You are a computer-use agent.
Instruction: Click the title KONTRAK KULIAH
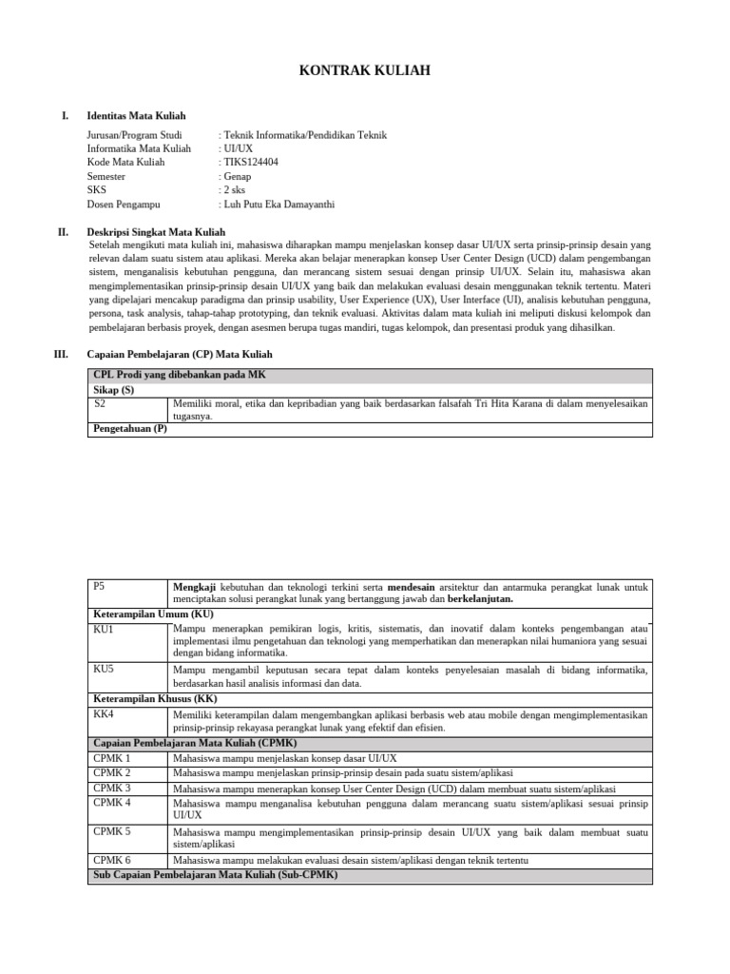pyautogui.click(x=365, y=70)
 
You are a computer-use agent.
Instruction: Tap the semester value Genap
pyautogui.click(x=237, y=176)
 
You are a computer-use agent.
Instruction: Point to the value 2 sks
pyautogui.click(x=235, y=190)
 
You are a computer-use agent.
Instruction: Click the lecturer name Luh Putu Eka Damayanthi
pyautogui.click(x=277, y=204)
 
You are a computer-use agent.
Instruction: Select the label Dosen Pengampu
pyautogui.click(x=124, y=204)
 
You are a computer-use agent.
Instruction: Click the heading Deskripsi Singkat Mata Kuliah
pyautogui.click(x=156, y=231)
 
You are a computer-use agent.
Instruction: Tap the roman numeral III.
pyautogui.click(x=61, y=354)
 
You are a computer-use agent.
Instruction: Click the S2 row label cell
pyautogui.click(x=101, y=403)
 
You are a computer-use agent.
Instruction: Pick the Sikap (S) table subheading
pyautogui.click(x=114, y=390)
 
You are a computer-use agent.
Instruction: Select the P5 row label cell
pyautogui.click(x=100, y=587)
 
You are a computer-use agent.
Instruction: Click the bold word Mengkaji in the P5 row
pyautogui.click(x=195, y=587)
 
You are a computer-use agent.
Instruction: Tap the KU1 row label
pyautogui.click(x=103, y=629)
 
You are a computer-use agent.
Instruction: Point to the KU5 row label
pyautogui.click(x=103, y=670)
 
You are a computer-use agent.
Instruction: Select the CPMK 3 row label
pyautogui.click(x=112, y=788)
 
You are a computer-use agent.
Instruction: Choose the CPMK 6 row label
pyautogui.click(x=112, y=860)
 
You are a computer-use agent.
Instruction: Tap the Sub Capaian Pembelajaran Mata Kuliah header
pyautogui.click(x=208, y=875)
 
